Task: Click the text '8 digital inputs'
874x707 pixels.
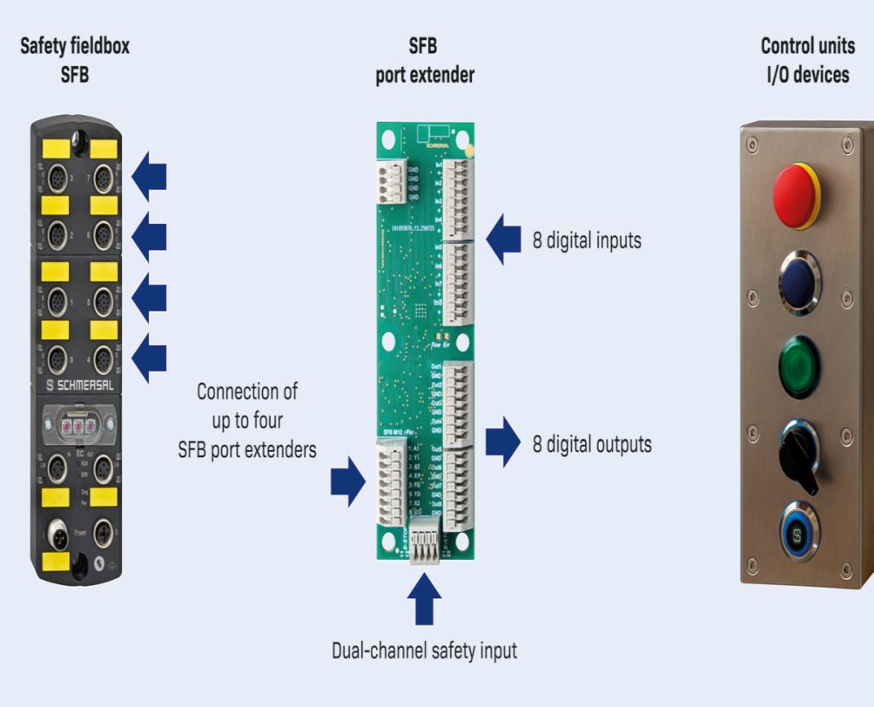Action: (x=587, y=240)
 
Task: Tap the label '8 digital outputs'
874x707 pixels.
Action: (x=592, y=444)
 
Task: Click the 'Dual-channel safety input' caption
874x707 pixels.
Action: (x=424, y=650)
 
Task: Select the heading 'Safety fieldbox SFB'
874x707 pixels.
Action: (x=75, y=60)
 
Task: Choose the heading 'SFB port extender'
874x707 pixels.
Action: (x=425, y=60)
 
